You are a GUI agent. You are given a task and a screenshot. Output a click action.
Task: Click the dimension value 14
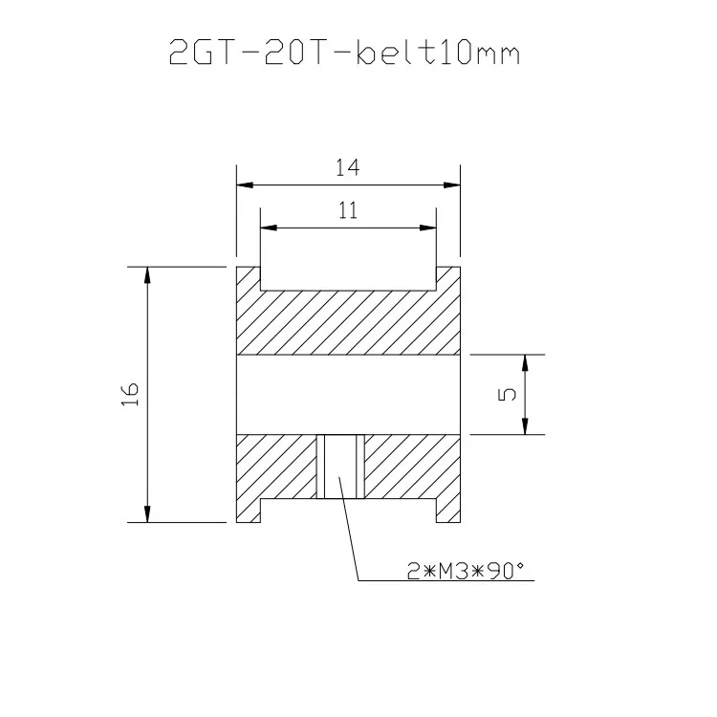point(347,168)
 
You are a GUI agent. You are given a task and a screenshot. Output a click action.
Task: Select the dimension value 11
point(347,212)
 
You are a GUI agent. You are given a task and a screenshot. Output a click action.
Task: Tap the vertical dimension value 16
point(131,394)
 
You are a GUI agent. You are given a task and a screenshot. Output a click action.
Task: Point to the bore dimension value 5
point(508,394)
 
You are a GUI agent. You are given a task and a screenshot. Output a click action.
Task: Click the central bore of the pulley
point(347,395)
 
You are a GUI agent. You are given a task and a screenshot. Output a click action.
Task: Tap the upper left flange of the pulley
point(248,278)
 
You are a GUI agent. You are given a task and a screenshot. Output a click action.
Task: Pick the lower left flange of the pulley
point(248,511)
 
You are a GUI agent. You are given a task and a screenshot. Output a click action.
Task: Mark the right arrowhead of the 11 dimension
point(430,228)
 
